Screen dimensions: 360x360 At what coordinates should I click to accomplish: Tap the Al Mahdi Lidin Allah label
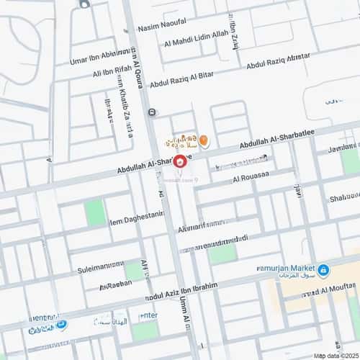(196, 44)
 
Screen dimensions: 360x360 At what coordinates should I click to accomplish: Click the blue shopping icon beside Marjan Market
(323, 270)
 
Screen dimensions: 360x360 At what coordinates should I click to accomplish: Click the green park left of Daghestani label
(94, 212)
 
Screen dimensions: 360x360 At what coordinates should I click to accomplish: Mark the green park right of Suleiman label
(133, 270)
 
